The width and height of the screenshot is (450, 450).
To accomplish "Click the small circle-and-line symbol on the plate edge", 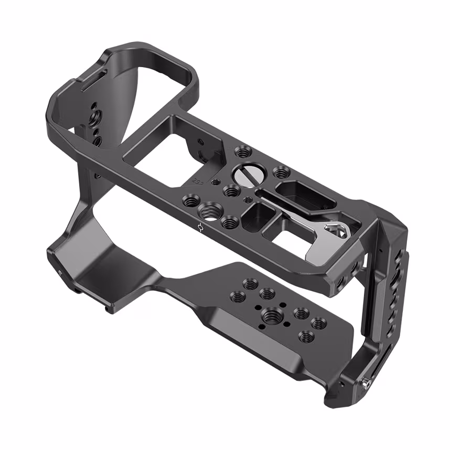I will (x=201, y=228).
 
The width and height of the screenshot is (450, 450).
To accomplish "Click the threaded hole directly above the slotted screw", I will (x=242, y=153).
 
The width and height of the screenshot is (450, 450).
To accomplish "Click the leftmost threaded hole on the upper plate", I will (x=188, y=199).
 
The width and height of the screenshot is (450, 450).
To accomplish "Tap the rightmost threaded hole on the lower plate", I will (x=318, y=324).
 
